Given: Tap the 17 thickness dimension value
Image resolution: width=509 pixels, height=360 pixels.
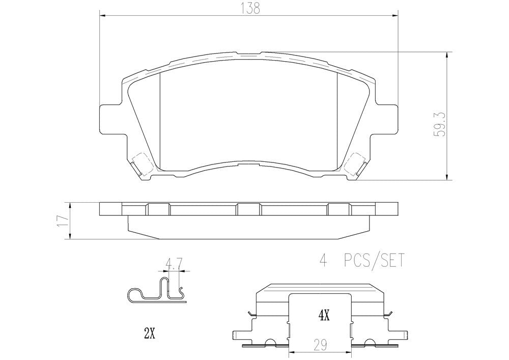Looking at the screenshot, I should coord(63,220).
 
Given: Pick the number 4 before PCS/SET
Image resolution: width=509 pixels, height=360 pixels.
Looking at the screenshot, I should coord(322,261).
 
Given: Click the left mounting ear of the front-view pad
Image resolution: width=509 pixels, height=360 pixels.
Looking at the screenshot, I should coord(108,120).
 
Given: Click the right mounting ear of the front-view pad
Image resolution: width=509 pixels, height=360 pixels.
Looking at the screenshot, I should coord(388,120).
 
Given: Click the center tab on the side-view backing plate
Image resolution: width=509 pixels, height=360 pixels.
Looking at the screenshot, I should coord(248,209).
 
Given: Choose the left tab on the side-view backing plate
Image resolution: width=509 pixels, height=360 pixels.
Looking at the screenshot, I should coord(158,209).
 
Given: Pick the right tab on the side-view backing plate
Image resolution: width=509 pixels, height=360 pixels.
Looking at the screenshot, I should coord(338,209).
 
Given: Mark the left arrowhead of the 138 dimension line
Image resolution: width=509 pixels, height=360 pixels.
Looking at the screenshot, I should coord(101,16).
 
